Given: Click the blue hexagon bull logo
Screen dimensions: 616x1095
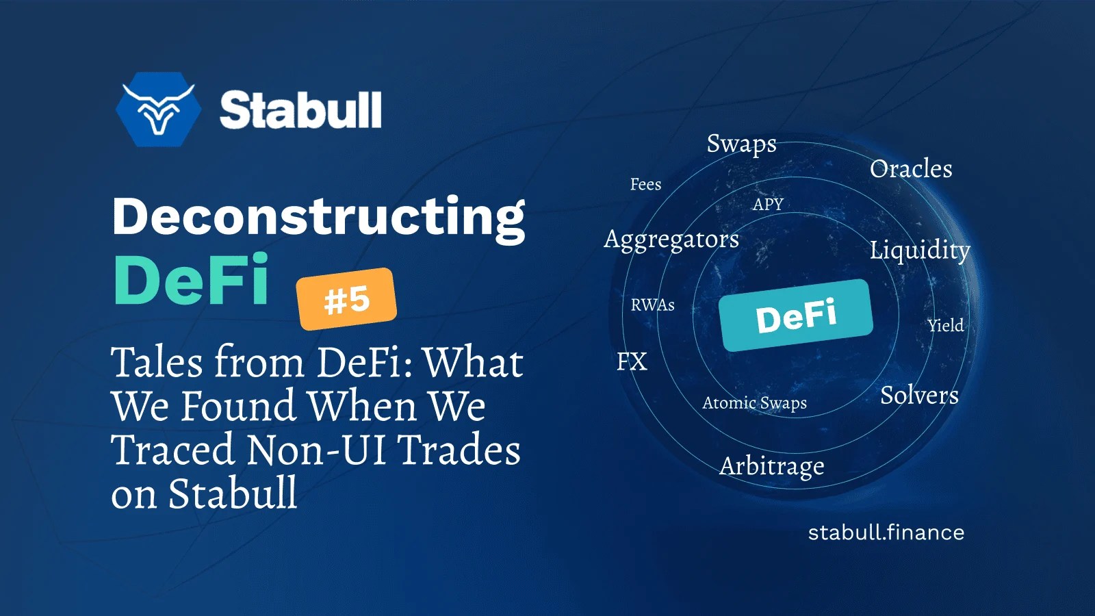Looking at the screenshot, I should pyautogui.click(x=158, y=110).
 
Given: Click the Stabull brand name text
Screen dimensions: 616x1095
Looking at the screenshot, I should pyautogui.click(x=300, y=110).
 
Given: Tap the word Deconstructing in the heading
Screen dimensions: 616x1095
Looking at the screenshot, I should pyautogui.click(x=318, y=216).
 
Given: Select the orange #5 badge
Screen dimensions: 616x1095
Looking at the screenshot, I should pyautogui.click(x=346, y=299).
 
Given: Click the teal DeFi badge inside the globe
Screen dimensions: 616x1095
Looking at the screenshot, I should pyautogui.click(x=796, y=316).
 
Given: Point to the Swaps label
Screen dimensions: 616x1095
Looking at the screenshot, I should pyautogui.click(x=741, y=144).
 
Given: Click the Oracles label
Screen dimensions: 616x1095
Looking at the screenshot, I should pyautogui.click(x=911, y=169).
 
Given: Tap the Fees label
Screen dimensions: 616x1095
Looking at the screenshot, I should pyautogui.click(x=645, y=184).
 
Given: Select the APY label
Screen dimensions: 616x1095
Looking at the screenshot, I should pyautogui.click(x=768, y=204).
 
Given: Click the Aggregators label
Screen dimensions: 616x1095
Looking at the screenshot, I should pyautogui.click(x=671, y=240).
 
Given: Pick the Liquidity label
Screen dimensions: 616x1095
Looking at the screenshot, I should pyautogui.click(x=919, y=250).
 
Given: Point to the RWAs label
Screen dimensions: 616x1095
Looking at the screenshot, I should pyautogui.click(x=652, y=305).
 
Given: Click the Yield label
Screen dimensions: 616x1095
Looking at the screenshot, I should pyautogui.click(x=945, y=326).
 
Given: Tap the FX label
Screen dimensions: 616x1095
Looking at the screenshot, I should pyautogui.click(x=631, y=361).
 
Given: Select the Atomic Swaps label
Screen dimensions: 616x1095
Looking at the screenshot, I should pyautogui.click(x=754, y=403).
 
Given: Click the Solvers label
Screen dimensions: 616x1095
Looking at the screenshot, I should pyautogui.click(x=919, y=396).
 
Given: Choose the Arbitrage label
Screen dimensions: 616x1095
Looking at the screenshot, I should pyautogui.click(x=771, y=466).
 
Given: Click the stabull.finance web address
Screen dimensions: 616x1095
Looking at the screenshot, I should pyautogui.click(x=886, y=532).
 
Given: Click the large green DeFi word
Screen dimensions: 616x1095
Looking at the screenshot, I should pyautogui.click(x=192, y=280).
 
